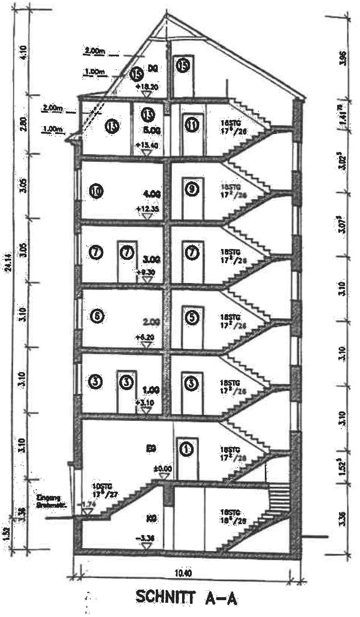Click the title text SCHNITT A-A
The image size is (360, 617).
(186, 598)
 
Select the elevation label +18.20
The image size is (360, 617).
(147, 86)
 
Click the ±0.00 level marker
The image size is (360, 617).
(163, 469)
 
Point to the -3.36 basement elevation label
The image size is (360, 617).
(146, 539)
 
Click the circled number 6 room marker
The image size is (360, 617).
(97, 316)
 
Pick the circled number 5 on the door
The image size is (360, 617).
(191, 317)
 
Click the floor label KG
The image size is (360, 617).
(151, 519)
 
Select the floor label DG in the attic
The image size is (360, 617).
(153, 69)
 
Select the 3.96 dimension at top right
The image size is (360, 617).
(342, 58)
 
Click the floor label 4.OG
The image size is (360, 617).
(152, 195)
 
